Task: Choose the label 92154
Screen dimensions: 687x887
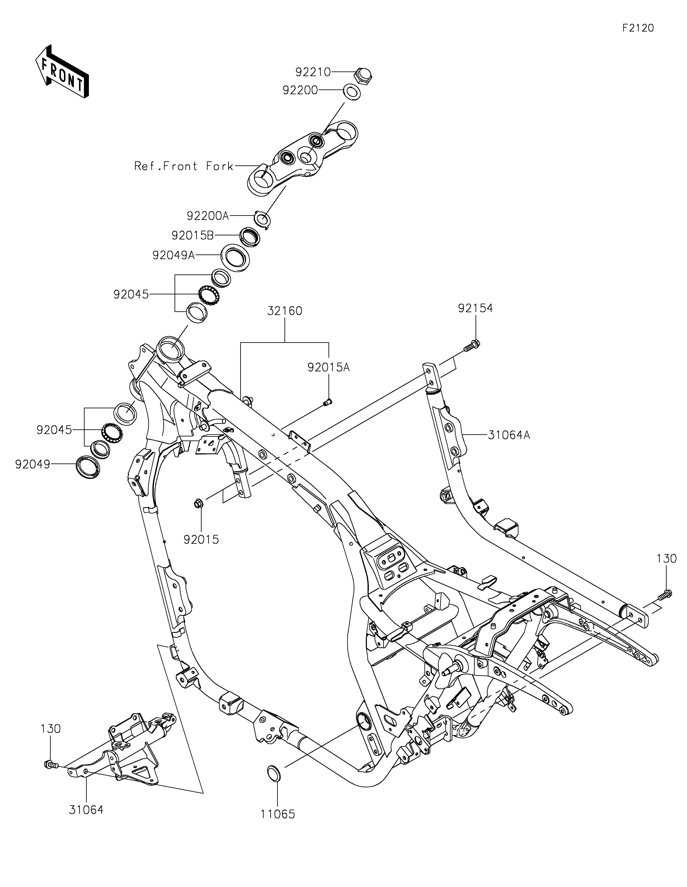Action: coord(475,308)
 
